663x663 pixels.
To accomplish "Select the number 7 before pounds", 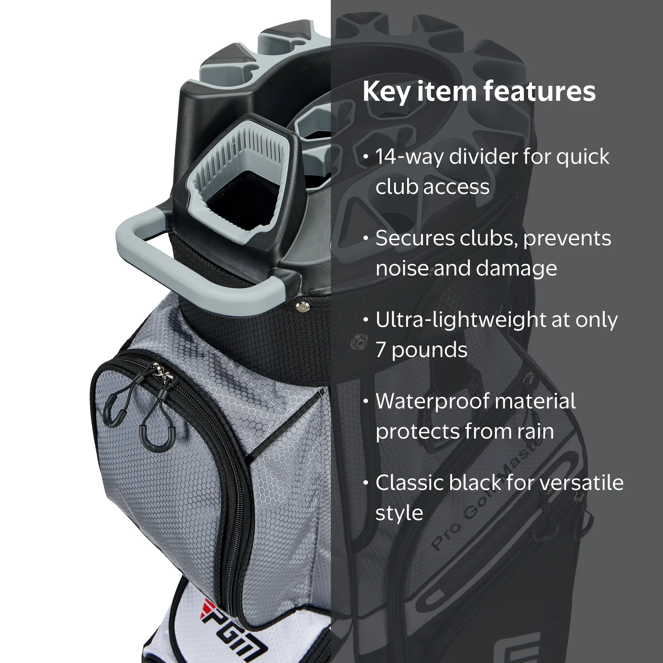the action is click(x=381, y=350).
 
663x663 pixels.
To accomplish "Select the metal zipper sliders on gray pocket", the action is click(x=163, y=372).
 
